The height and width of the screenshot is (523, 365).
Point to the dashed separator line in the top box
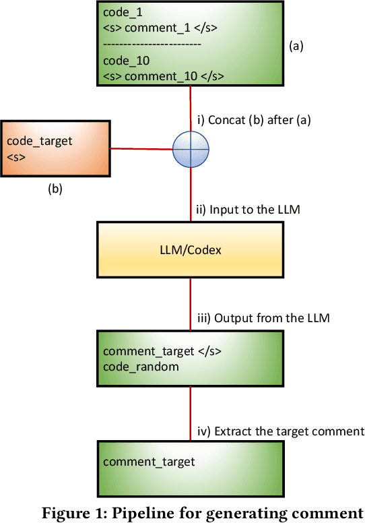pyautogui.click(x=152, y=44)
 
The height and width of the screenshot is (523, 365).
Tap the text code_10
pyautogui.click(x=122, y=60)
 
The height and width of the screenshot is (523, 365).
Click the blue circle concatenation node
pyautogui.click(x=191, y=148)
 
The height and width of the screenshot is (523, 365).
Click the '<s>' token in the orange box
pyautogui.click(x=14, y=157)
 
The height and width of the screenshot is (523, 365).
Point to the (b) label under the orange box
pyautogui.click(x=55, y=189)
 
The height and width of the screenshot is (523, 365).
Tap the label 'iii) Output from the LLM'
pyautogui.click(x=263, y=318)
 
